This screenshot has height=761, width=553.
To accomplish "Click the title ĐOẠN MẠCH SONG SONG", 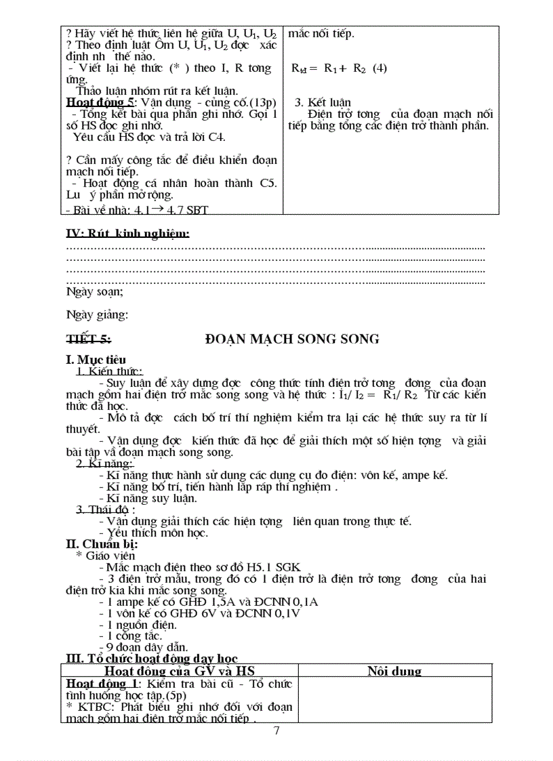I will coord(291,339).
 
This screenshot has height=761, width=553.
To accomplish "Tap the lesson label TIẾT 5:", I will coord(89,339).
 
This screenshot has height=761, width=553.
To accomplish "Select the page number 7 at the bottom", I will coord(276,731).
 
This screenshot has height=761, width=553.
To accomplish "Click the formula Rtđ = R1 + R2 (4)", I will coord(339,68).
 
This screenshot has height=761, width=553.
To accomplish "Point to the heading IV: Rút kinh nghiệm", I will coord(127,234).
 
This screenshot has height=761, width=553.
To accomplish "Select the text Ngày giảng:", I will coord(97,314).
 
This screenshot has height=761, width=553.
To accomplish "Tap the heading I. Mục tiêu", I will coord(96,360).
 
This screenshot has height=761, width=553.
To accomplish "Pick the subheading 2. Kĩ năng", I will coord(104,464).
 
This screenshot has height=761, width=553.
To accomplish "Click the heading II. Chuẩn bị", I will coord(102,543).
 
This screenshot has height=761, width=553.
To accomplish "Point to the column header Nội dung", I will coord(394,671).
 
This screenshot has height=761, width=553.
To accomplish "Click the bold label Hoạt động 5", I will coord(99,102).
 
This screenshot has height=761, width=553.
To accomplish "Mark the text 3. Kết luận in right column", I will coord(323,102).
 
